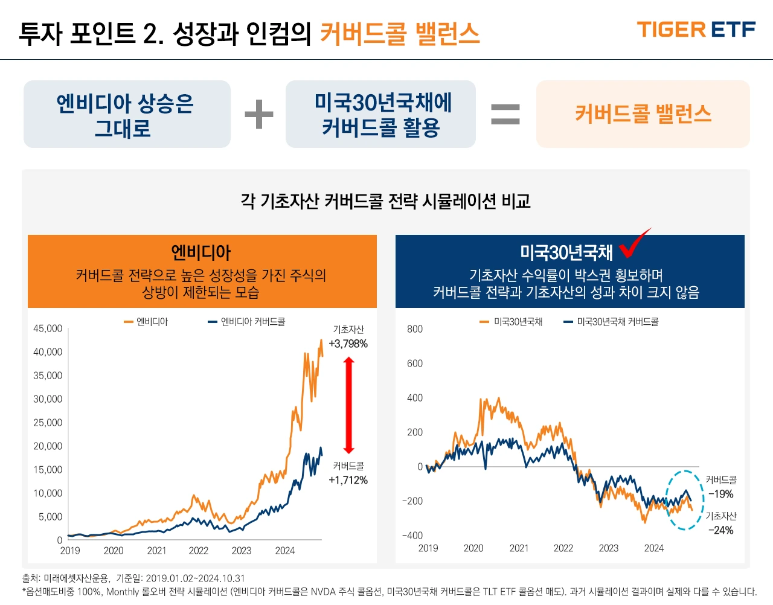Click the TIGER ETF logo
point(696,30)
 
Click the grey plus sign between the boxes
point(259,114)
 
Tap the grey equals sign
point(505,114)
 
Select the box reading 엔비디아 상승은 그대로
point(127,114)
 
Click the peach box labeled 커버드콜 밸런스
point(643,114)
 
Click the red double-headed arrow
point(348,405)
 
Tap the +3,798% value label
point(348,344)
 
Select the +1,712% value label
point(348,480)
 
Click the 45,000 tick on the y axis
point(48,328)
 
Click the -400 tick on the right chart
point(413,536)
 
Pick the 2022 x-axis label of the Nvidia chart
point(198,551)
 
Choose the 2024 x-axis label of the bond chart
point(653,548)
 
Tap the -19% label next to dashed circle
point(720,494)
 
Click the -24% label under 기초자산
point(720,530)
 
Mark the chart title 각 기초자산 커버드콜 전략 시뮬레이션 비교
point(385,201)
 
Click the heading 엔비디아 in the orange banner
point(201,252)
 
